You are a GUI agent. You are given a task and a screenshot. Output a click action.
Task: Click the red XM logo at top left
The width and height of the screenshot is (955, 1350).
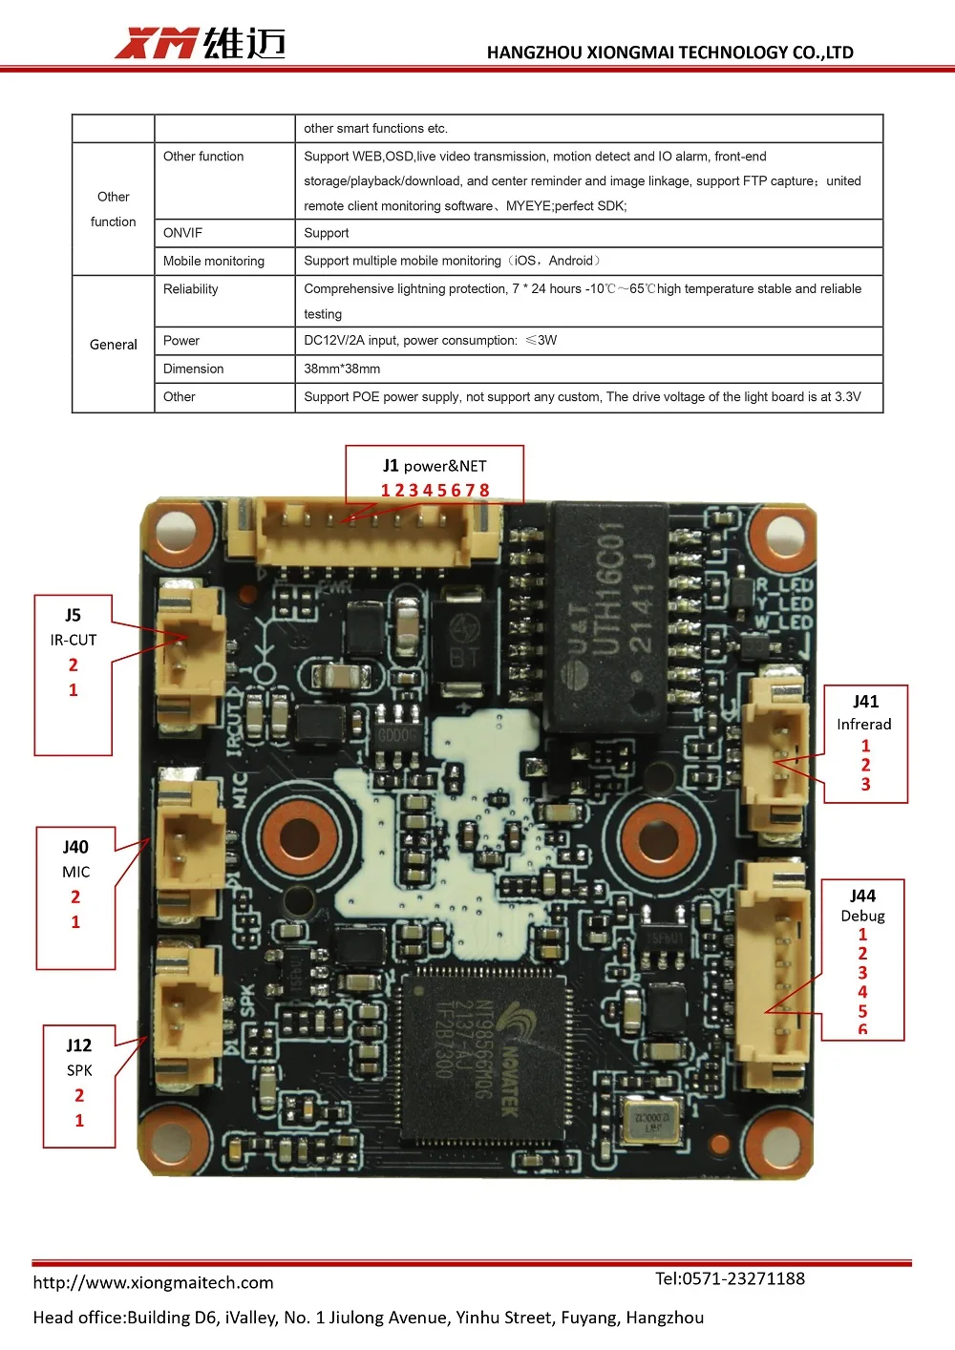[156, 43]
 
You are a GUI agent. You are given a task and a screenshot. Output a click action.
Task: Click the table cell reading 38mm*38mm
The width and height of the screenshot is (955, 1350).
[342, 369]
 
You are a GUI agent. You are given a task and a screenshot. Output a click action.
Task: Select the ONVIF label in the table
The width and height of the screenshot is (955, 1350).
[182, 233]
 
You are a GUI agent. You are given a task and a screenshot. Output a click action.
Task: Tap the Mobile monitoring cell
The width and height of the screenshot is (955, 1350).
[214, 261]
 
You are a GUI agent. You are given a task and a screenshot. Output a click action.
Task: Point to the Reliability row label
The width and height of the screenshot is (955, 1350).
[191, 289]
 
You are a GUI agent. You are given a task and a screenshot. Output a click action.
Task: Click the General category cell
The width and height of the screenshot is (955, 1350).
[113, 345]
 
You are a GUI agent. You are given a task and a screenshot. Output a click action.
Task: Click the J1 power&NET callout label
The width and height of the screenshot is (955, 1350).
[435, 466]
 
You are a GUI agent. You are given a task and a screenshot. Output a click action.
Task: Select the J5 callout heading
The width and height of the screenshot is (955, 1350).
[74, 615]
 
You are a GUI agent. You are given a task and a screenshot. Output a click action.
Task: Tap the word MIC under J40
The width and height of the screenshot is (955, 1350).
[76, 872]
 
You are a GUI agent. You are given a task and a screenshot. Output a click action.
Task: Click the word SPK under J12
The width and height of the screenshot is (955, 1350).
[79, 1070]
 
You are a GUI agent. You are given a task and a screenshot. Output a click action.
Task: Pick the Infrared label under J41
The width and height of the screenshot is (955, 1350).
[864, 724]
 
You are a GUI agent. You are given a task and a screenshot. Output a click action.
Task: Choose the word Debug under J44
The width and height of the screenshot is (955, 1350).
[862, 916]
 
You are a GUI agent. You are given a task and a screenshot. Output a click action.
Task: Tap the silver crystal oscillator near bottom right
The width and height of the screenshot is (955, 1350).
[652, 1120]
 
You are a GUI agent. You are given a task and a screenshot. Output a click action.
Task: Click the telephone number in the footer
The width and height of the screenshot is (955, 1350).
[730, 1278]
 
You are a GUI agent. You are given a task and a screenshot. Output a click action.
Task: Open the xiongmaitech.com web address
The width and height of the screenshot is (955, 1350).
[153, 1282]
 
